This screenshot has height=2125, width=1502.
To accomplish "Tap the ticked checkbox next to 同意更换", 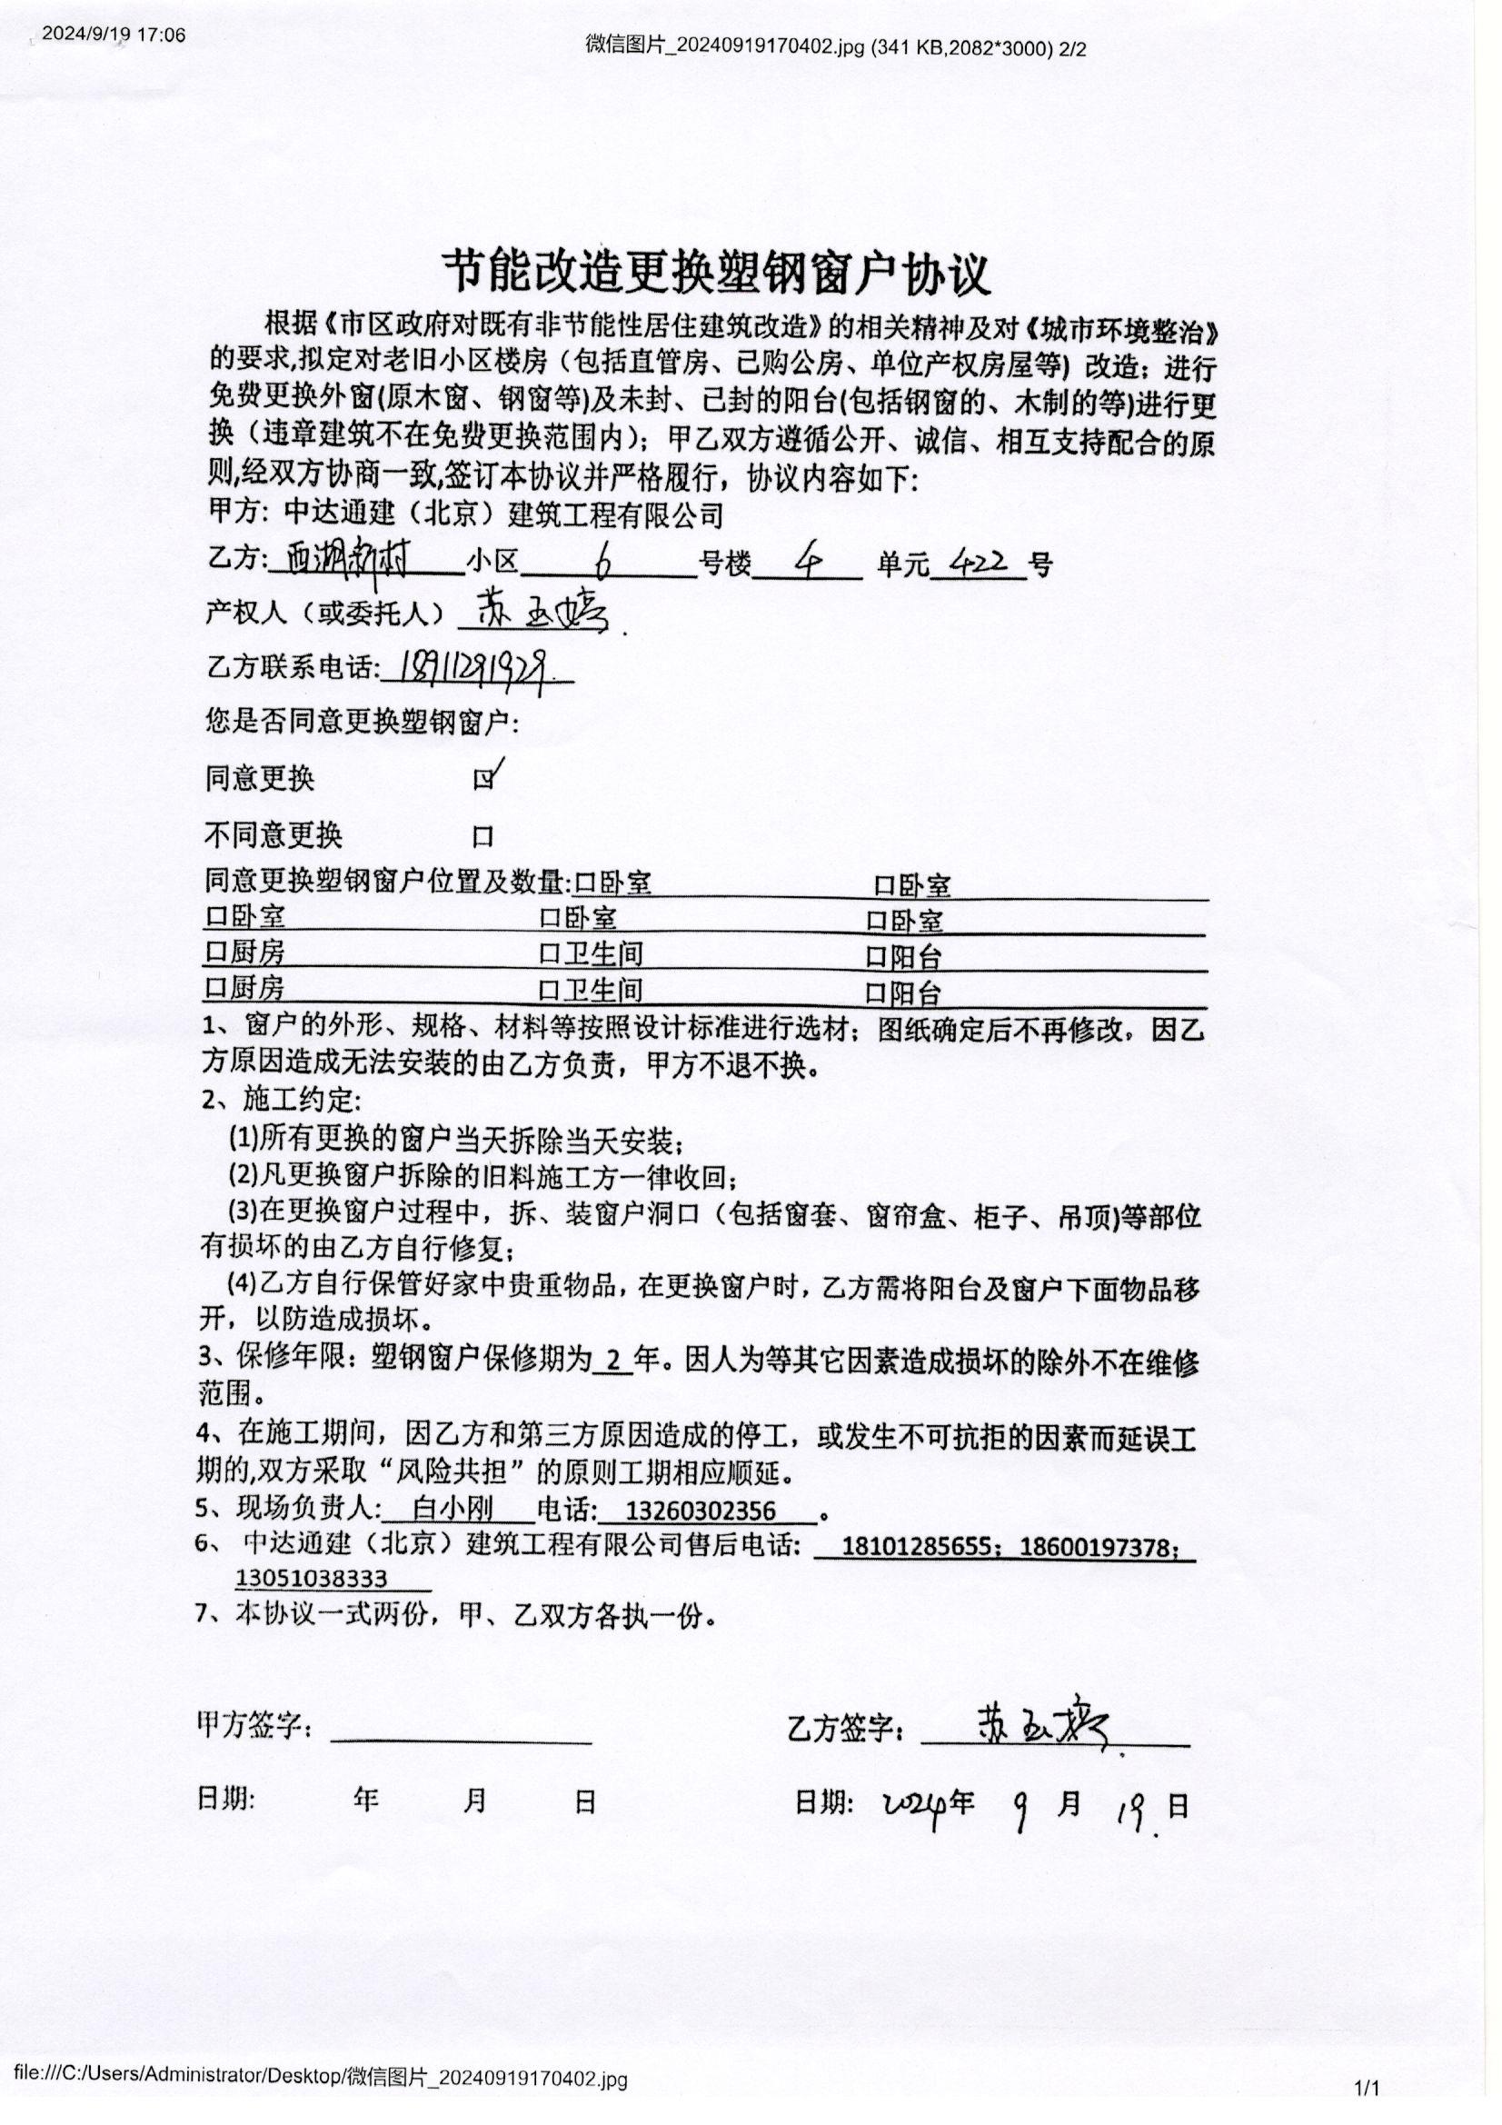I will [x=483, y=779].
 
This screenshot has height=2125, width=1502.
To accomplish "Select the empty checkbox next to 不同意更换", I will [x=483, y=838].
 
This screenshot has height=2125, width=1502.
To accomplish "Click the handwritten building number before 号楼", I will [x=604, y=559].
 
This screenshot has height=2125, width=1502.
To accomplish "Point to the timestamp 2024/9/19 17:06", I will [x=114, y=35].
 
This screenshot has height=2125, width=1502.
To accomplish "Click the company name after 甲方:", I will [x=503, y=514].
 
